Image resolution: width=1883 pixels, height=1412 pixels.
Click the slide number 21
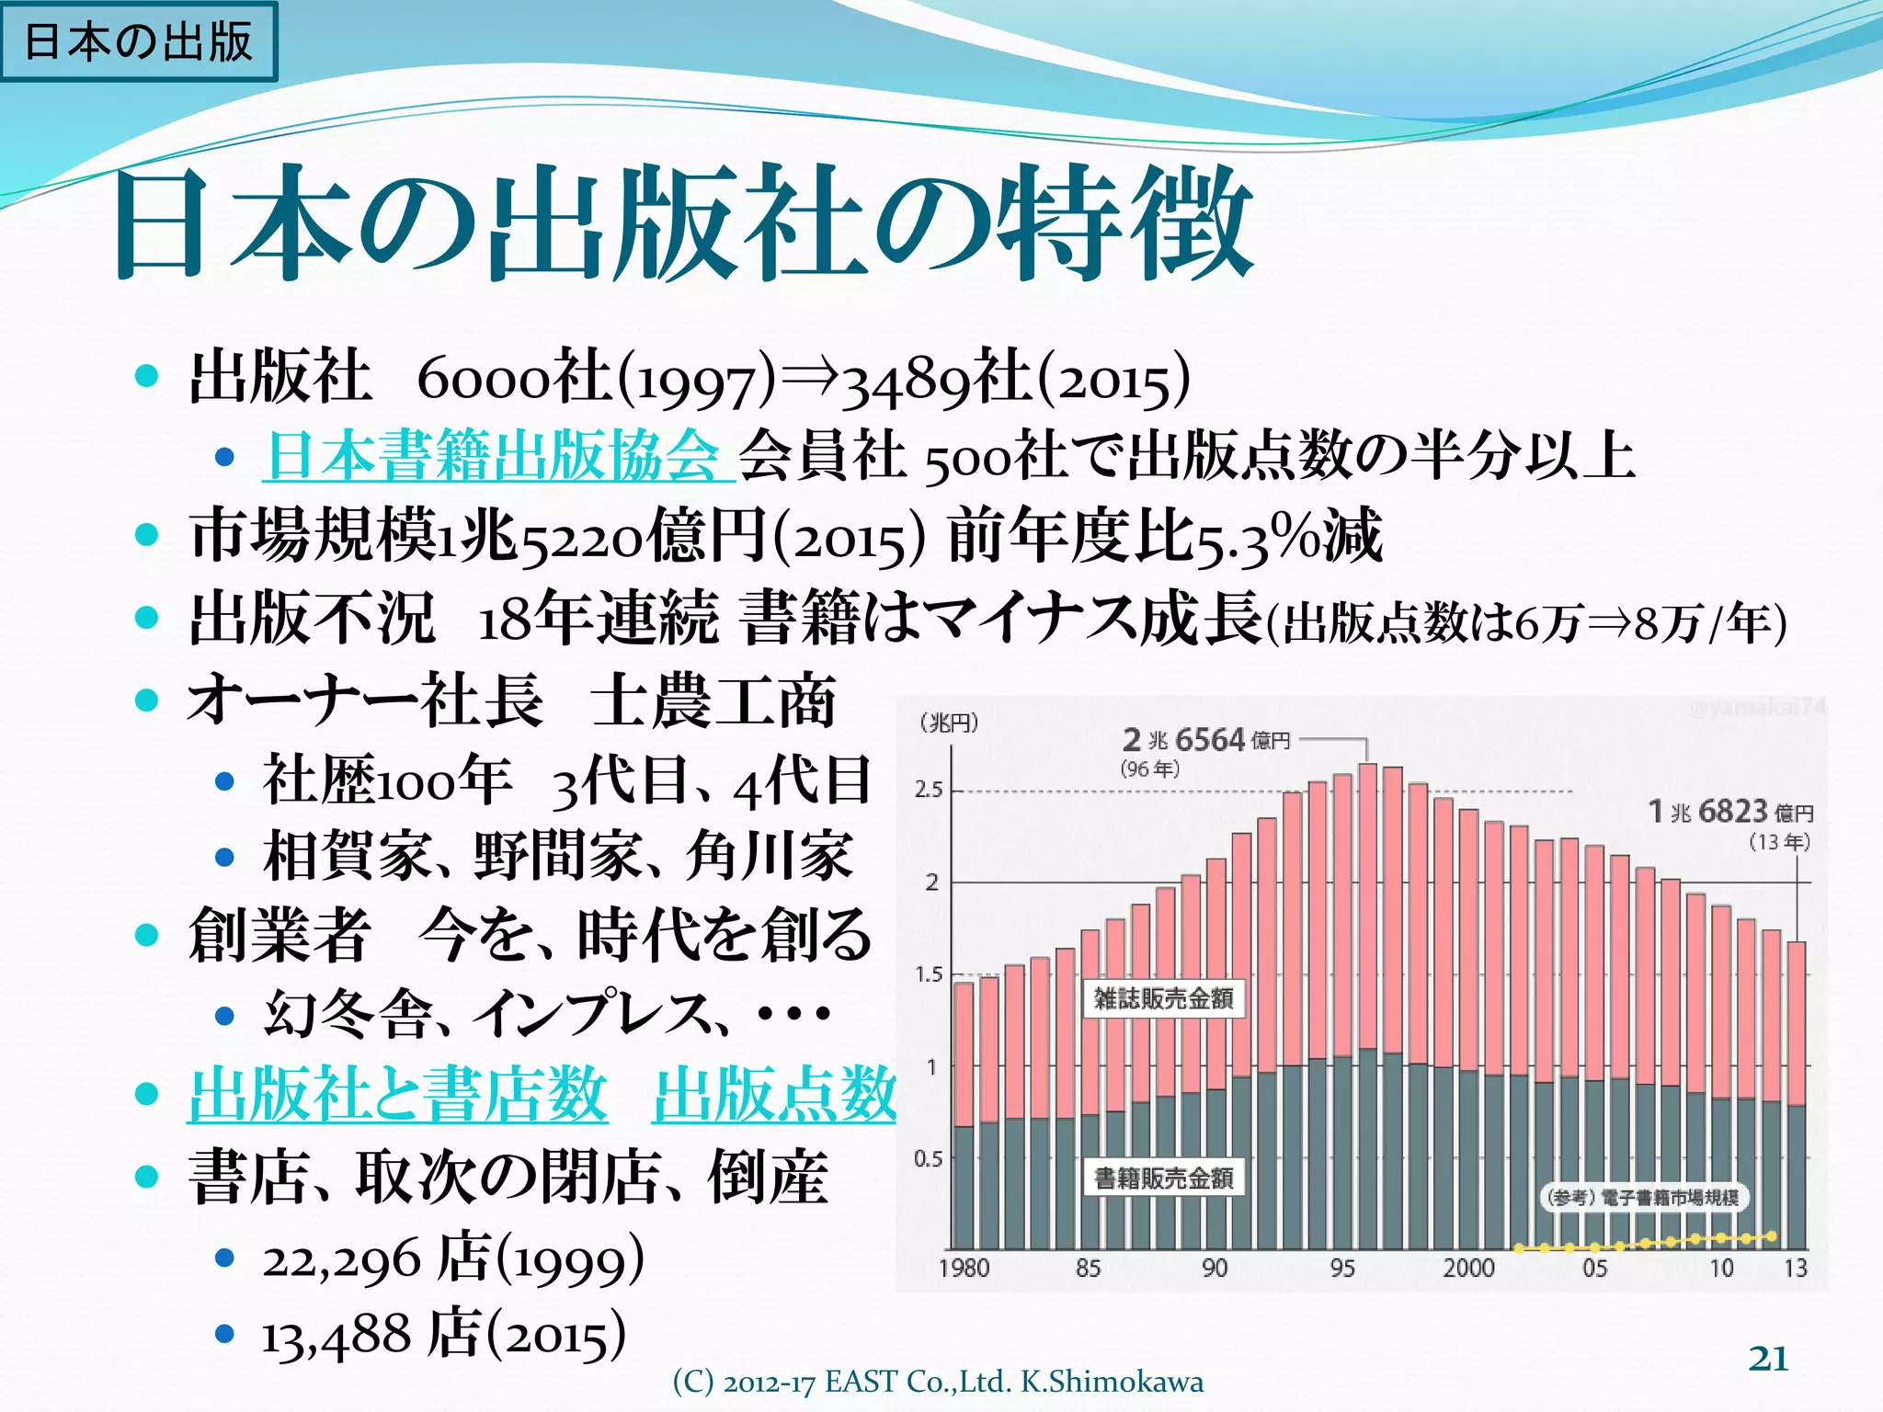(x=1768, y=1358)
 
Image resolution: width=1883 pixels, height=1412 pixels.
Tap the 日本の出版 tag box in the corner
(x=138, y=41)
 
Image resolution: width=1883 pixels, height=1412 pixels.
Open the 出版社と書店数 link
(x=397, y=1094)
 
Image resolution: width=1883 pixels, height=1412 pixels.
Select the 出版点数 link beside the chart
(x=773, y=1094)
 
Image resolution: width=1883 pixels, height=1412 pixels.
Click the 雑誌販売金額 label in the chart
(x=1163, y=998)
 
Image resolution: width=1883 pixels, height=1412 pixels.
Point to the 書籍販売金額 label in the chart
(x=1163, y=1178)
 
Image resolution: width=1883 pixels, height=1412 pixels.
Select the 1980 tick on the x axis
(x=964, y=1269)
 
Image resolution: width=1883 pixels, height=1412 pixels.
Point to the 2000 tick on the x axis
(x=1468, y=1269)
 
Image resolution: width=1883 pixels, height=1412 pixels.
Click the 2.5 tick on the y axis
(x=929, y=790)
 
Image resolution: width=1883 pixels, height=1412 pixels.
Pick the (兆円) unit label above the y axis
(x=949, y=723)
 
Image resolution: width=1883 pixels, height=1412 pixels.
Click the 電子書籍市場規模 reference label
(x=1644, y=1197)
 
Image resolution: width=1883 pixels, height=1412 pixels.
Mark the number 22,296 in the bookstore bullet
(x=341, y=1260)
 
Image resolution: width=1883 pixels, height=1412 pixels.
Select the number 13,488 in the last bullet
(x=336, y=1336)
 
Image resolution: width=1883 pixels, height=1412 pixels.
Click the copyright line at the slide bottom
(x=938, y=1382)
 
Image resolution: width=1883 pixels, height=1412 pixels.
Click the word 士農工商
(x=713, y=700)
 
